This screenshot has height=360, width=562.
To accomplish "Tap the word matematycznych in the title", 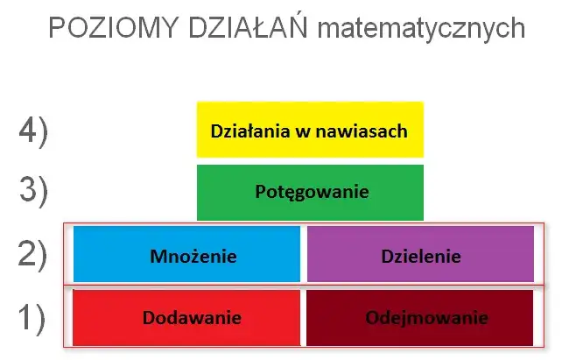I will coord(420,30).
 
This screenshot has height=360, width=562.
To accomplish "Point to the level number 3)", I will coord(34,191).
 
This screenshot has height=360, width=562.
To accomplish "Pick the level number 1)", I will coord(34,317).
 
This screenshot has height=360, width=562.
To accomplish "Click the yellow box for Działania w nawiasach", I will coord(310,130).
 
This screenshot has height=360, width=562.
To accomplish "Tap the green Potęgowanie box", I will coord(310,192).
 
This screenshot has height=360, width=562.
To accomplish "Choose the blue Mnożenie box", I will coord(186,255).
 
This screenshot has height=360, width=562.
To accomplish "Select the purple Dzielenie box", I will coord(420,255).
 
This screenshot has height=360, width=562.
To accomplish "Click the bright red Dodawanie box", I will coord(186,317).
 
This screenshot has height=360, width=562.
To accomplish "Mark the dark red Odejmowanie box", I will coord(420,317).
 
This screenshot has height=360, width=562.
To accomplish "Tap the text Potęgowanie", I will coord(312,192).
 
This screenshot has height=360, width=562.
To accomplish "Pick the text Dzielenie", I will coord(421,257).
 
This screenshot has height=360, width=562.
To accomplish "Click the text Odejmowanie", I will coord(427,317).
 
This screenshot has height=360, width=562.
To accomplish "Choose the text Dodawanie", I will coord(192,317).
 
